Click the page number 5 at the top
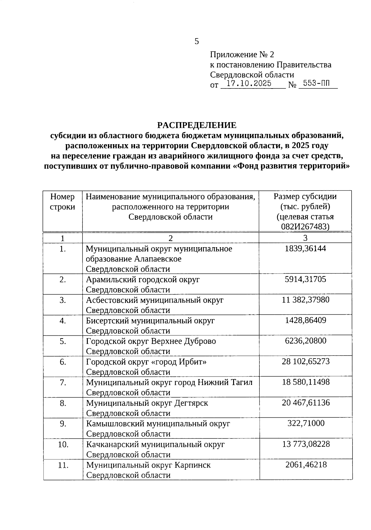point(197,42)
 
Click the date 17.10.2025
point(249,84)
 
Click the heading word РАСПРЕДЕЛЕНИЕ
point(197,125)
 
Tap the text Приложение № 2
point(242,55)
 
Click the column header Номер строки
point(62,202)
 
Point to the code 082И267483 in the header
point(305,227)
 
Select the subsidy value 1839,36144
point(305,249)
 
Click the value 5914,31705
point(305,279)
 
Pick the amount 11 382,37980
point(305,300)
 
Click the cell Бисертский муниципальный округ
point(150,321)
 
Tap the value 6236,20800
point(305,341)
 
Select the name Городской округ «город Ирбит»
point(146,362)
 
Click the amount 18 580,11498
point(305,382)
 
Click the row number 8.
point(63,403)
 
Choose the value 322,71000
point(305,423)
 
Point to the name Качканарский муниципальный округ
point(155,445)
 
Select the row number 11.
point(63,465)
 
